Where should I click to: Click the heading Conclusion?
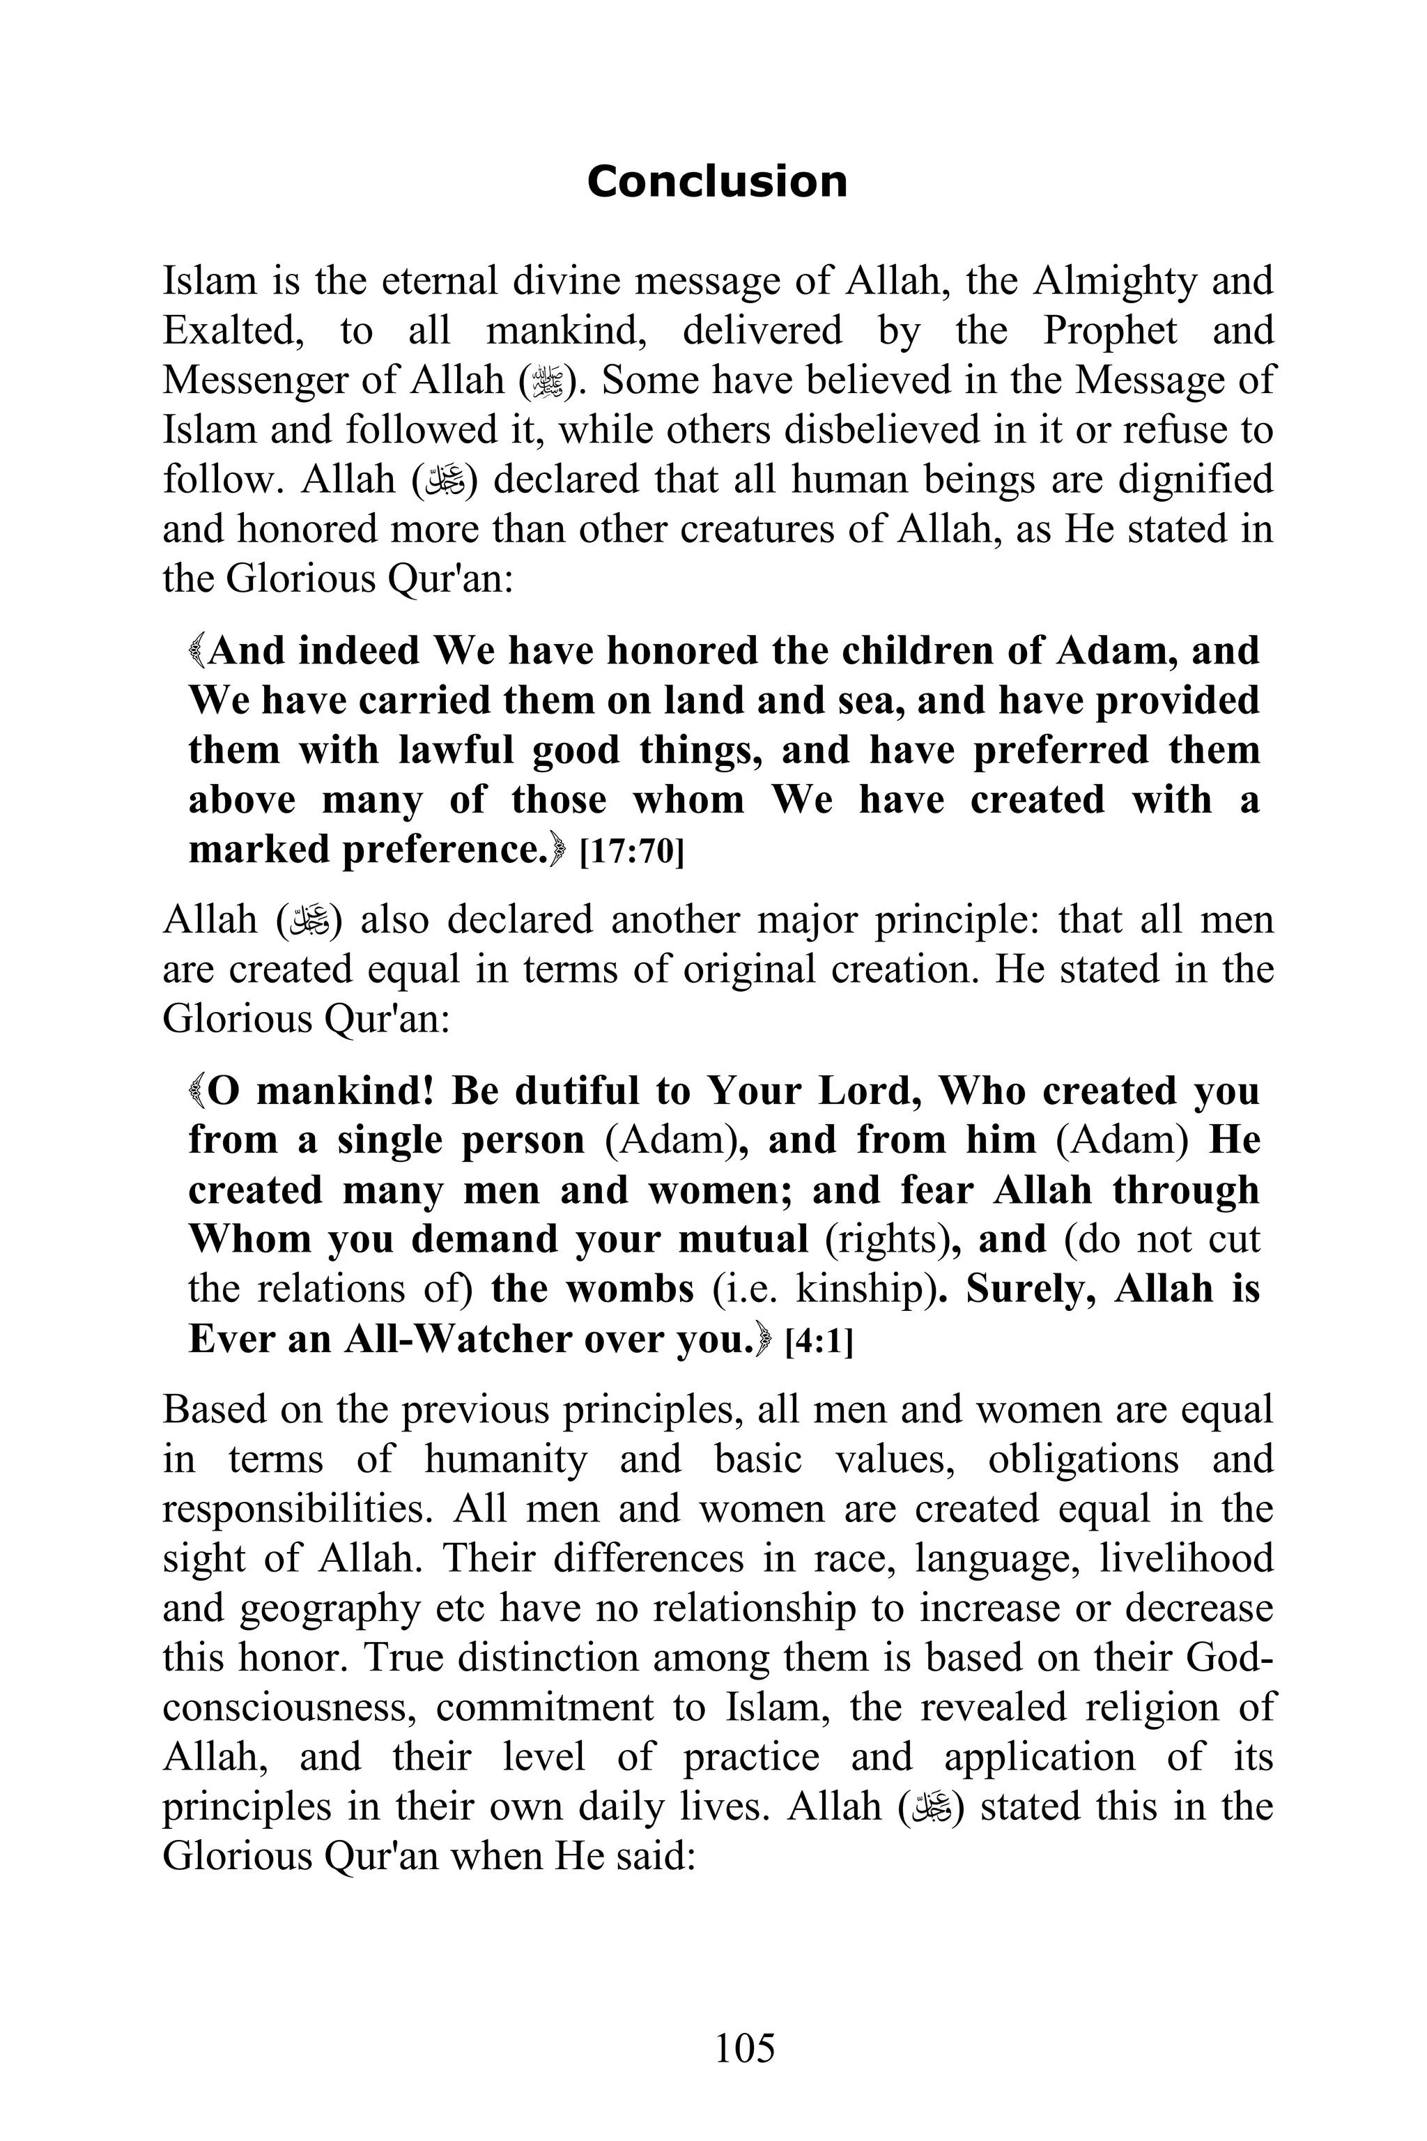[716, 181]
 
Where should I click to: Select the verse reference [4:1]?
[818, 1341]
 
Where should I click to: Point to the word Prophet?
[1109, 330]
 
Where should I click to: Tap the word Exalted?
[232, 330]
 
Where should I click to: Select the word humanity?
[505, 1459]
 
